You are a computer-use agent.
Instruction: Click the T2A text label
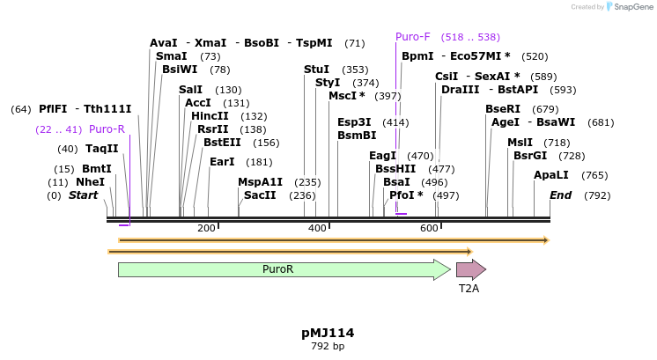tap(469, 288)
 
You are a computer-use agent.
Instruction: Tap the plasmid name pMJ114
tap(328, 333)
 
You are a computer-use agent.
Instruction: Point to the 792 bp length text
tap(328, 346)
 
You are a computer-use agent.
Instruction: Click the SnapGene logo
tap(631, 7)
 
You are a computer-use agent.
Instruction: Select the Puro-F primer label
tap(412, 37)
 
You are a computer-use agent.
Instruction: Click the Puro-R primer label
tap(107, 129)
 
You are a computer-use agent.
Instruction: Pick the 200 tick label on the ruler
tap(206, 229)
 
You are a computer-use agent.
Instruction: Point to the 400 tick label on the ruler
tap(317, 229)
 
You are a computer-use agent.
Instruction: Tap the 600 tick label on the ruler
tap(429, 229)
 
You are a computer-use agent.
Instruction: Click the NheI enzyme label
tap(90, 181)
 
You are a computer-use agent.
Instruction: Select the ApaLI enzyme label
tap(551, 175)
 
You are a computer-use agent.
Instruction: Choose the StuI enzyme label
tap(316, 70)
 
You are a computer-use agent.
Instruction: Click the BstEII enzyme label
tap(222, 142)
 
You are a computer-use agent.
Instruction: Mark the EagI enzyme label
tap(382, 156)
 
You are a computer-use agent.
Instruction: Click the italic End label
tap(561, 195)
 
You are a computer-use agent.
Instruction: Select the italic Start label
tap(83, 195)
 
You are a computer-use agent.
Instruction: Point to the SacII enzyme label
tap(261, 195)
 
